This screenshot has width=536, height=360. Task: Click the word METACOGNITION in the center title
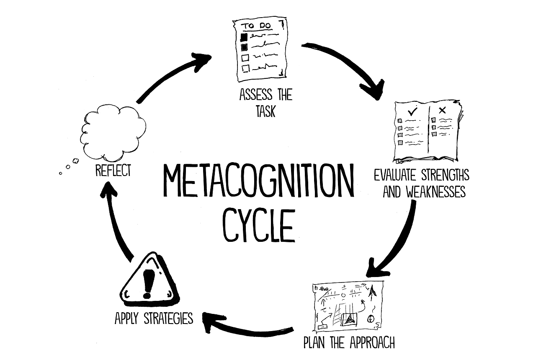tap(258, 181)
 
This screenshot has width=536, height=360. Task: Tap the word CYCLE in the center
tap(259, 225)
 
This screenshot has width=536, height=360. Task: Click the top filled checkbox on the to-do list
tap(244, 37)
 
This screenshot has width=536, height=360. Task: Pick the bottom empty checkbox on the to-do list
tap(245, 68)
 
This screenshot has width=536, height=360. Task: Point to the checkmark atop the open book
tap(412, 111)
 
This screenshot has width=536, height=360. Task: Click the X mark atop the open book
tap(442, 110)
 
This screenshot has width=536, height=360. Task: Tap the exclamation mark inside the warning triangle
tap(148, 284)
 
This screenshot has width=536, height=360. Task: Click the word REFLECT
tap(113, 170)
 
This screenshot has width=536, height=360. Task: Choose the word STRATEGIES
tap(168, 318)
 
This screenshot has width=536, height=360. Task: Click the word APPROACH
tap(372, 342)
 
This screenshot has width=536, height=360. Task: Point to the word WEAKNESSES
tap(436, 192)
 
